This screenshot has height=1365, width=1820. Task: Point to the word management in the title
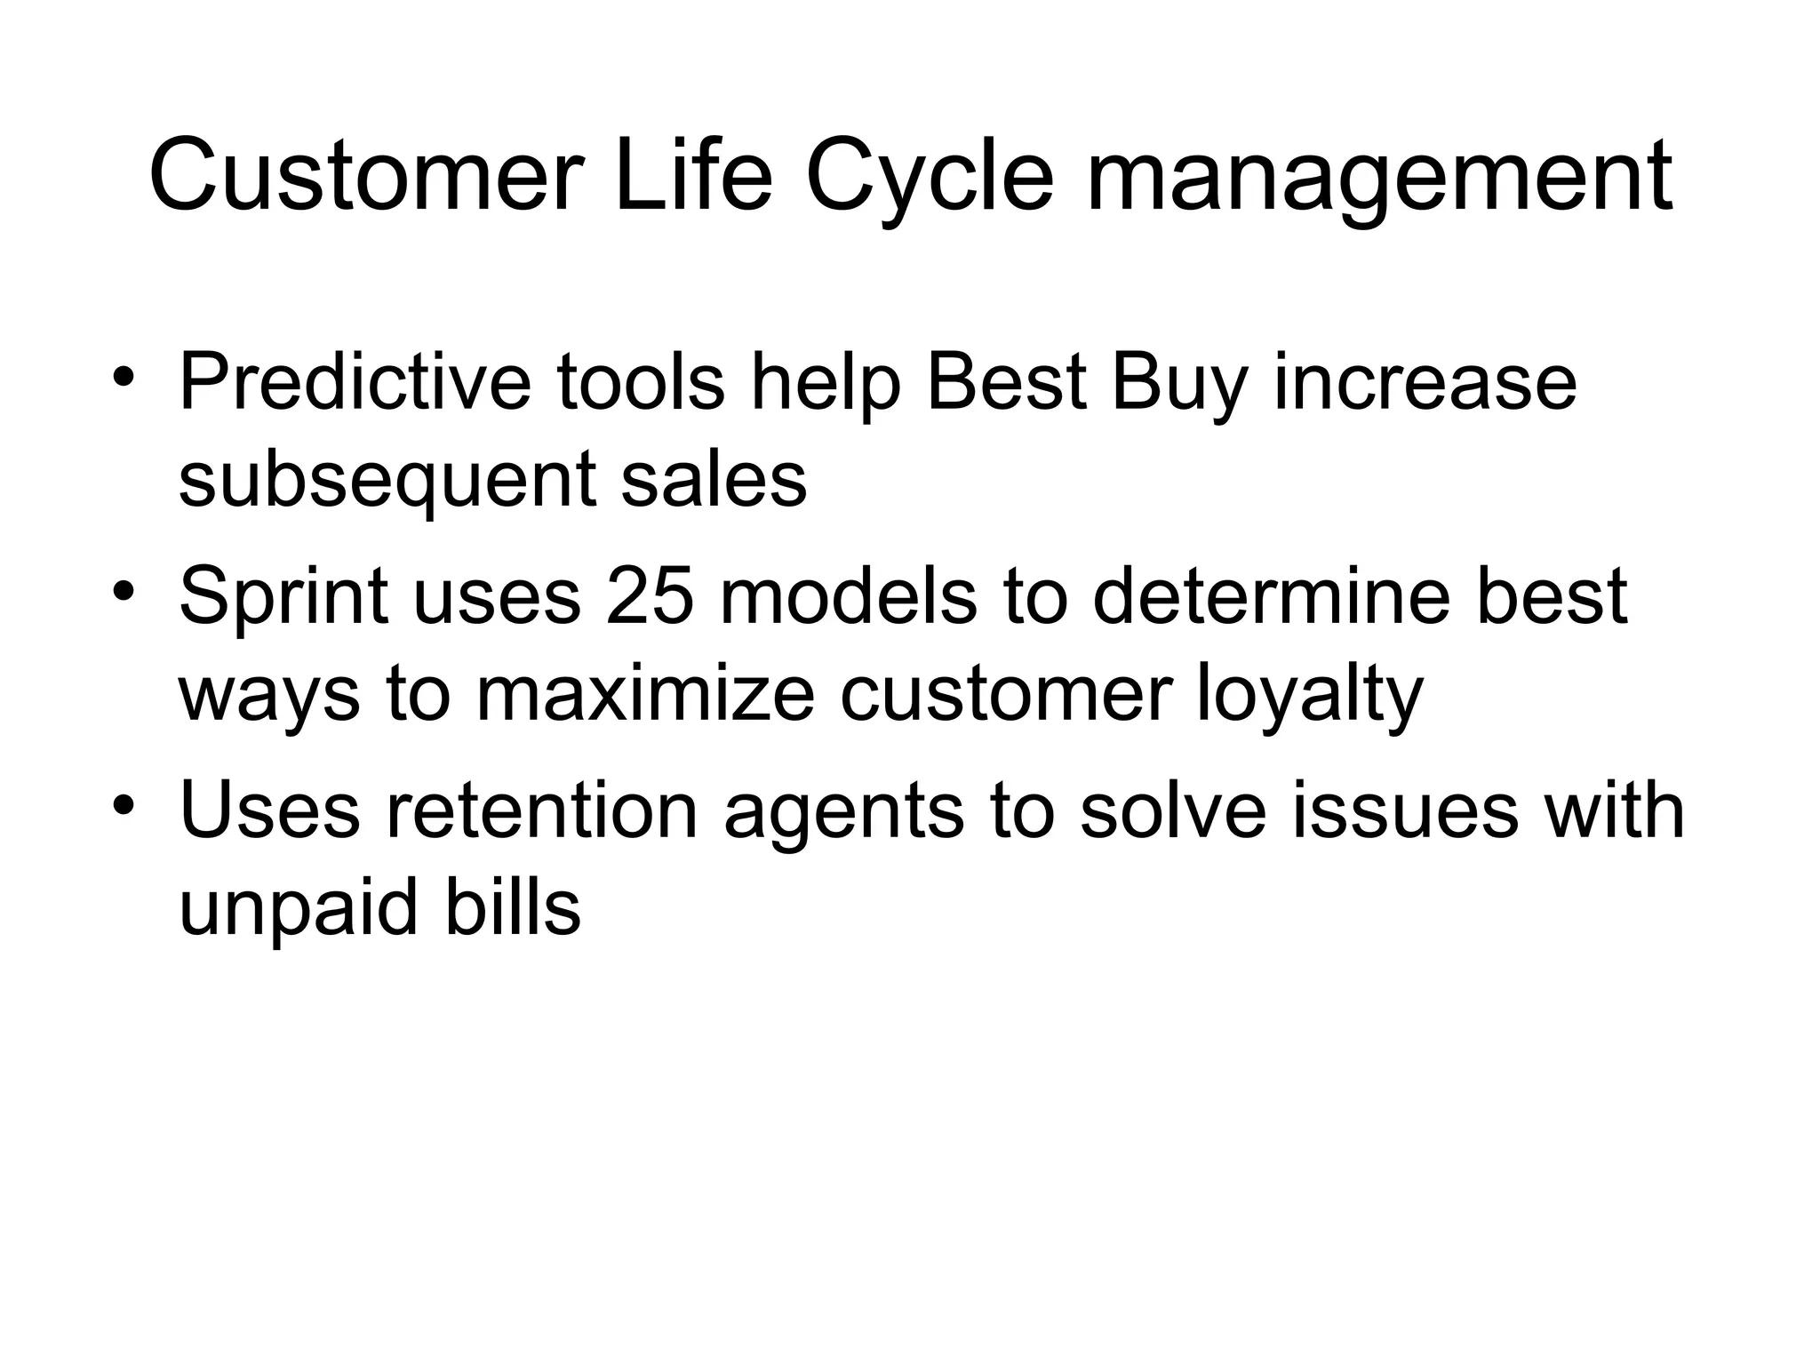point(1379,182)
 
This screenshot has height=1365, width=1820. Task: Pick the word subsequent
point(387,484)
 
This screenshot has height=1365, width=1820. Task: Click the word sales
point(714,480)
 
